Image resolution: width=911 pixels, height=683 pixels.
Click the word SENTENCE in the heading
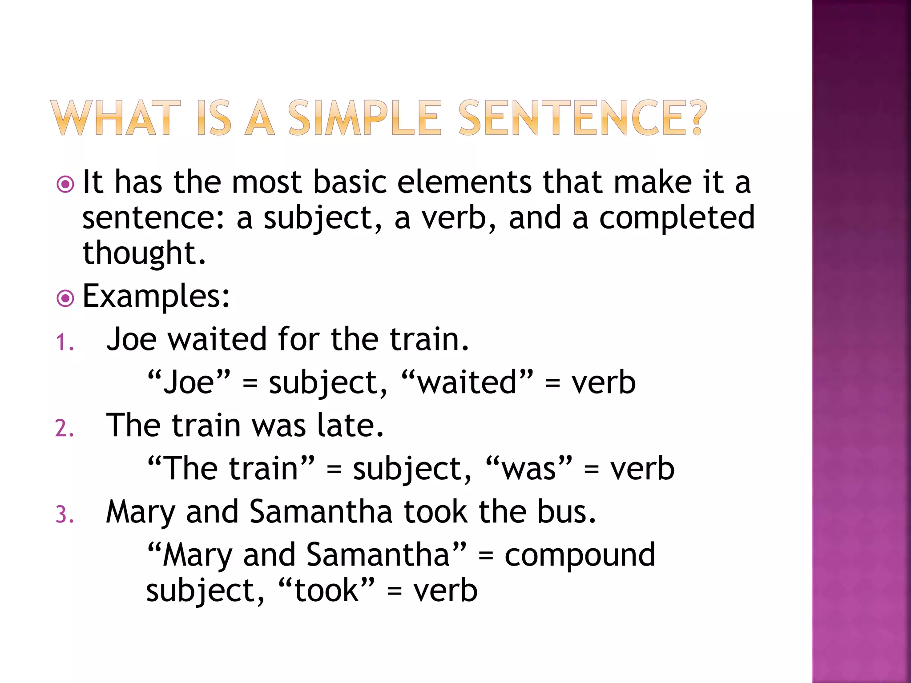click(570, 118)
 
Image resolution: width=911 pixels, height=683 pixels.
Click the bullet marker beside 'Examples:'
click(65, 298)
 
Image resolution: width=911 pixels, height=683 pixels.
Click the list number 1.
click(64, 343)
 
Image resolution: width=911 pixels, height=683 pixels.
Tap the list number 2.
click(64, 429)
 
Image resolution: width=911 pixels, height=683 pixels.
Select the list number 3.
click(64, 515)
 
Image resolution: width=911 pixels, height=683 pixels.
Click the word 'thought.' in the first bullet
click(144, 253)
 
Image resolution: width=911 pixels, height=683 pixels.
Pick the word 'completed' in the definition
click(677, 218)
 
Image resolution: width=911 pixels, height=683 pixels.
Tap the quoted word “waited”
click(467, 382)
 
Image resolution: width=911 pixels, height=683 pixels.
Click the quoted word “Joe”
click(189, 382)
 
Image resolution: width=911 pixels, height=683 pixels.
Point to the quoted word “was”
click(529, 469)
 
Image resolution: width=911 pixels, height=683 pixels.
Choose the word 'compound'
click(580, 555)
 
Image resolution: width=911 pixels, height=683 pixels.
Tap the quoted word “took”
click(327, 591)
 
